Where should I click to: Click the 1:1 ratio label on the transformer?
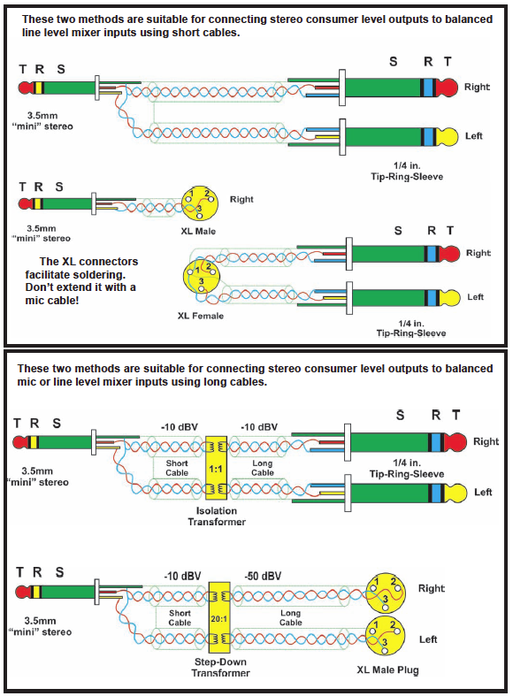point(216,469)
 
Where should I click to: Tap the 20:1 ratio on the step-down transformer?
point(219,618)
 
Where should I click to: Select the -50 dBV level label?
point(263,576)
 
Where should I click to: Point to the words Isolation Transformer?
point(217,516)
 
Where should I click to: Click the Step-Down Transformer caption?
point(220,667)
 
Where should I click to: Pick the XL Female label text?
point(201,316)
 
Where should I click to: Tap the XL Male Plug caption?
point(388,669)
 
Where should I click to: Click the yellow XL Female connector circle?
point(202,275)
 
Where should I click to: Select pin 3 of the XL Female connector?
point(202,288)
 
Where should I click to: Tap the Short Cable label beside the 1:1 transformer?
point(177,468)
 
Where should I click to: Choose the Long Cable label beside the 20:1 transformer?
point(291,617)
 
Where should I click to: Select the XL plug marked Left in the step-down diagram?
point(384,636)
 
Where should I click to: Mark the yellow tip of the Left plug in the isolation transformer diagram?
point(456,493)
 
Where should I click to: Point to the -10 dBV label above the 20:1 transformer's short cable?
point(182,576)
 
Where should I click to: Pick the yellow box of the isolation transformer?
point(216,470)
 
